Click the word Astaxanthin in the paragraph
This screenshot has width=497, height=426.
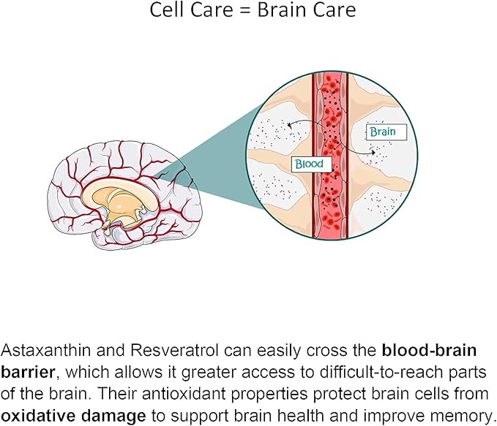[41, 349]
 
